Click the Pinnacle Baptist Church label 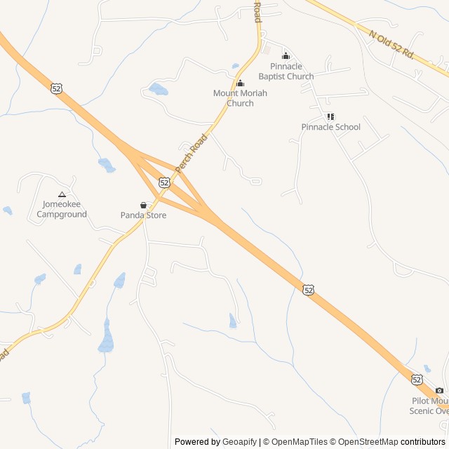[x=286, y=72]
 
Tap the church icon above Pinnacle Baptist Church [x=286, y=56]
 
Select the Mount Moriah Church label [x=240, y=98]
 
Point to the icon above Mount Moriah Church [x=240, y=83]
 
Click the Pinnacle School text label [x=330, y=127]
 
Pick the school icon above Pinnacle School [x=330, y=116]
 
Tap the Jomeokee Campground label [x=62, y=209]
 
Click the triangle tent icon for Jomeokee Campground [x=62, y=194]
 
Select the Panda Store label [x=143, y=215]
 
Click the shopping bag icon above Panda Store [x=143, y=206]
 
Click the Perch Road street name [x=192, y=154]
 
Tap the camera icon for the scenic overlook [x=439, y=391]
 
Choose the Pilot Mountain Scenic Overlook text [x=429, y=406]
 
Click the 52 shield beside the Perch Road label [x=164, y=182]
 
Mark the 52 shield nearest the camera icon [x=417, y=380]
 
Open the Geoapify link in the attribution [x=239, y=442]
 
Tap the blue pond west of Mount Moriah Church [x=158, y=90]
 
